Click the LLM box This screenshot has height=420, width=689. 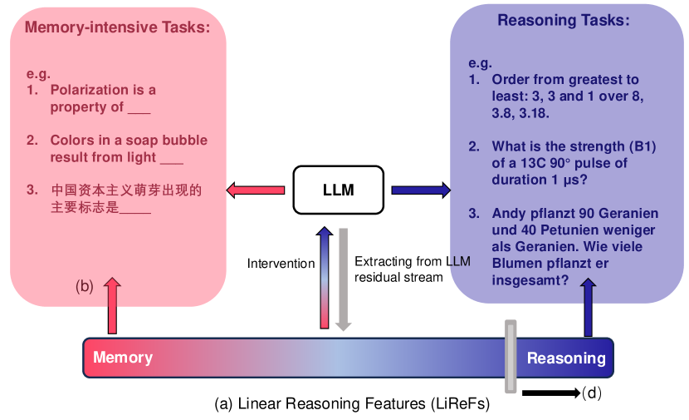338,190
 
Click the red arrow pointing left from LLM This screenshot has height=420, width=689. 256,190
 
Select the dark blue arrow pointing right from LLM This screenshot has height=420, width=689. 421,190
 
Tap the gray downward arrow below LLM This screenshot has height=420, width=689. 342,278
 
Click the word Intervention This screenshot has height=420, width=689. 281,264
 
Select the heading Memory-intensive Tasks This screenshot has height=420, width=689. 117,27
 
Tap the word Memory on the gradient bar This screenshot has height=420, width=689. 123,358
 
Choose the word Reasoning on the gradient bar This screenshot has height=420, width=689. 566,358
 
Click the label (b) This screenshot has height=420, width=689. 85,287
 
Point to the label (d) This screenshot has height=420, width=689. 591,392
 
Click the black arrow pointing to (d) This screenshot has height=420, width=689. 550,392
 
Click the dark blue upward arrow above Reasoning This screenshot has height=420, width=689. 589,308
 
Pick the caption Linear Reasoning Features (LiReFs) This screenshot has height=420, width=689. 351,404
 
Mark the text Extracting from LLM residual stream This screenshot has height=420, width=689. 412,269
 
